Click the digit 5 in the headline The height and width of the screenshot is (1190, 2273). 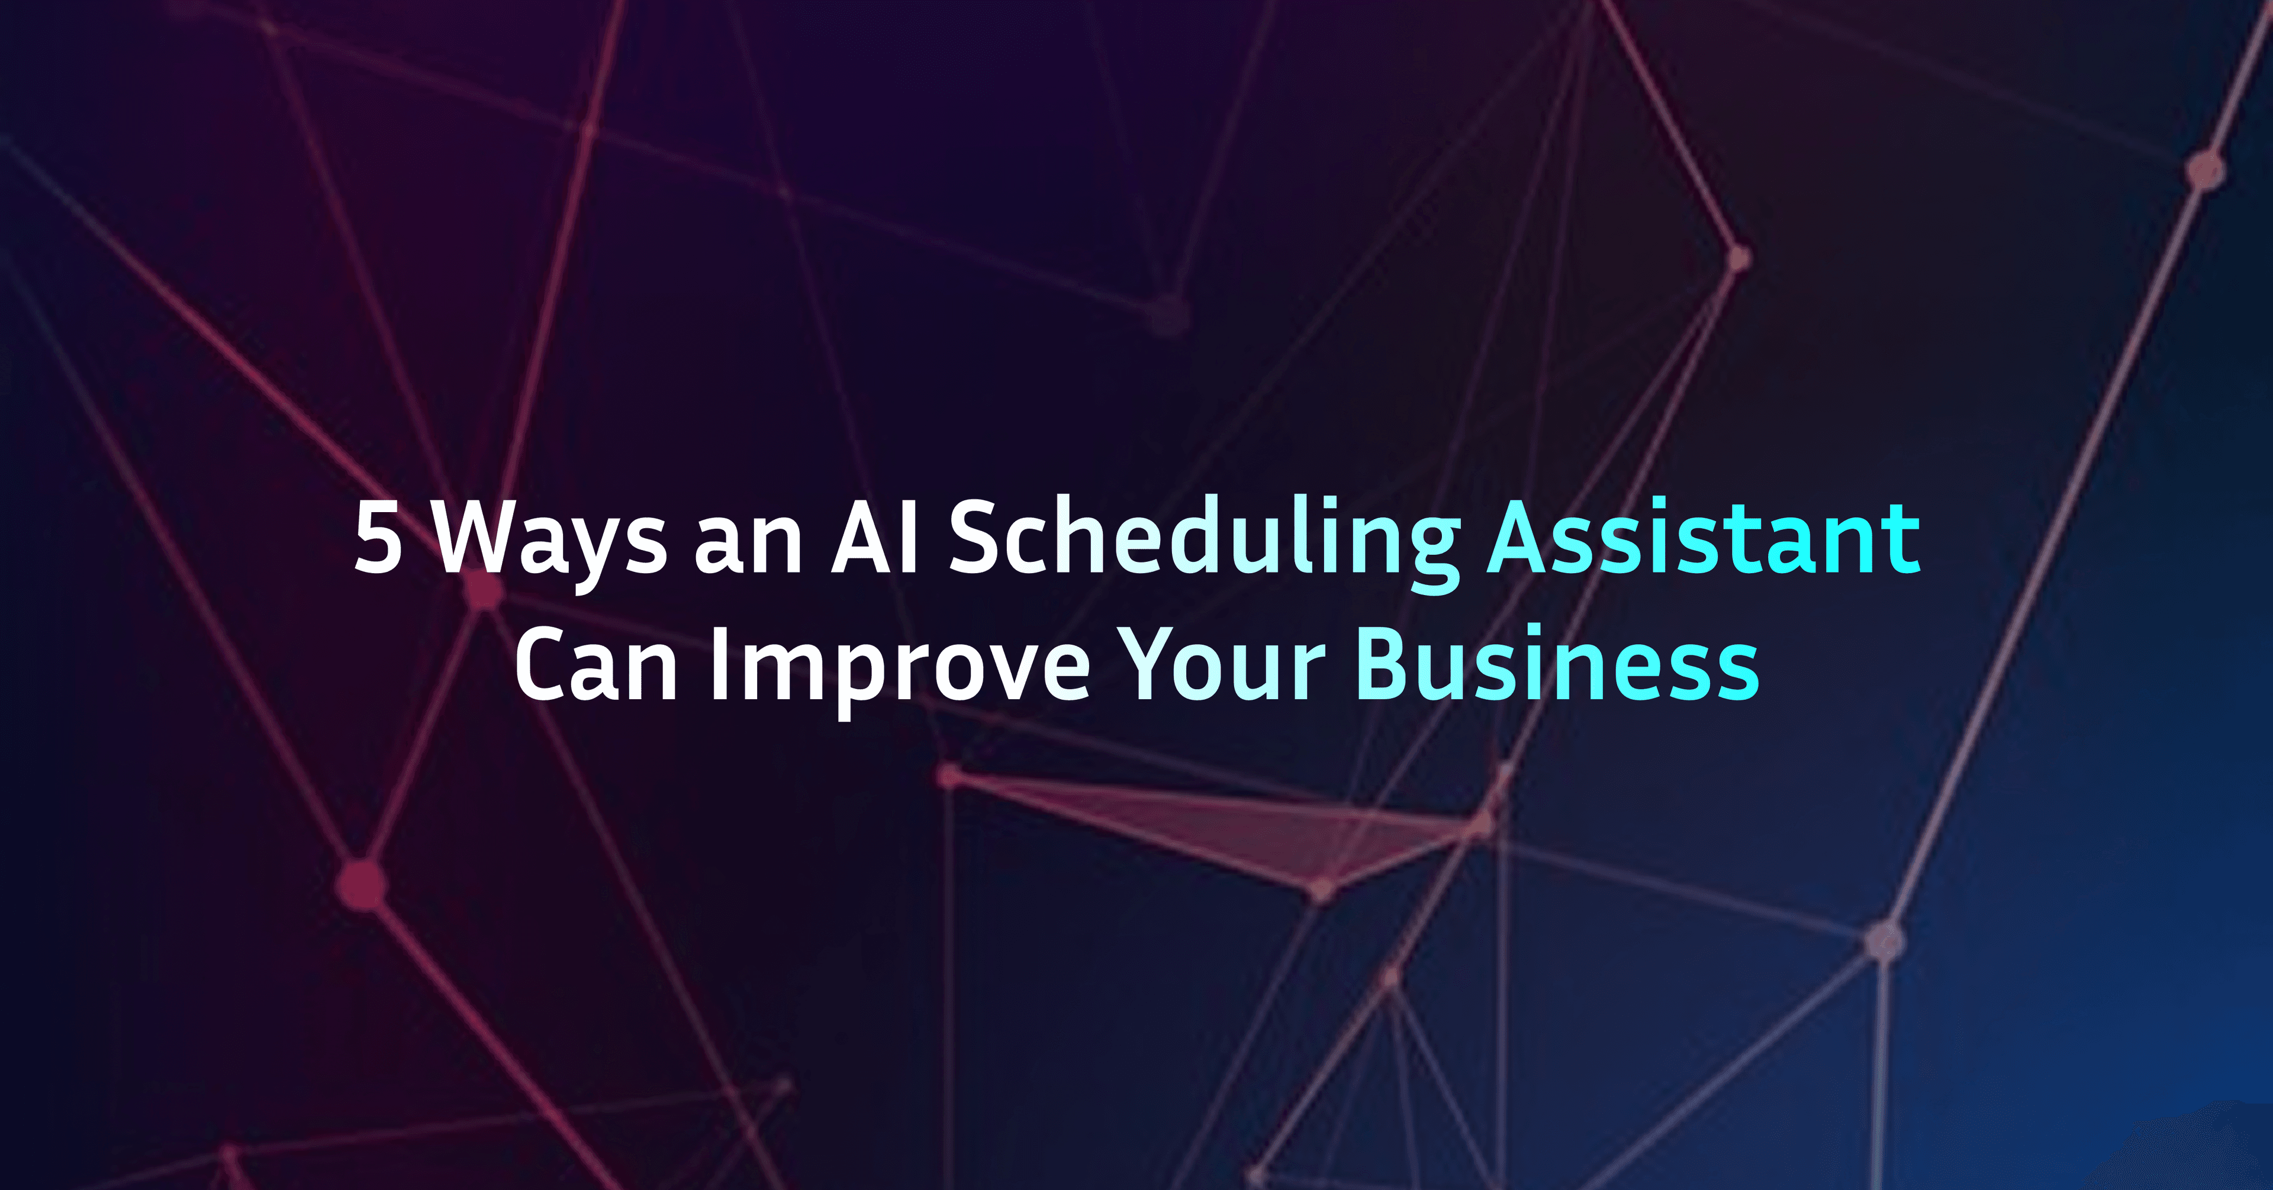pyautogui.click(x=379, y=538)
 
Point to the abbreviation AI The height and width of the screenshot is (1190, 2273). pyautogui.click(x=876, y=538)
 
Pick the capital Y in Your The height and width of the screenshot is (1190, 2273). pyautogui.click(x=1150, y=664)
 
